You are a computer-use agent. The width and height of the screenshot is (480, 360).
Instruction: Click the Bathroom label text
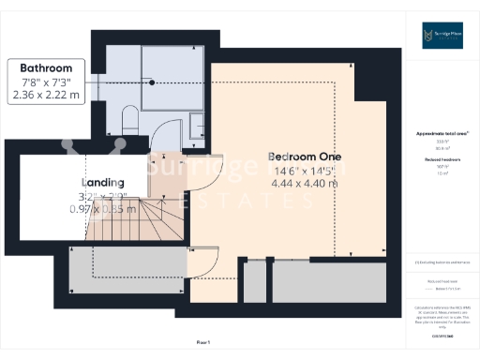point(48,68)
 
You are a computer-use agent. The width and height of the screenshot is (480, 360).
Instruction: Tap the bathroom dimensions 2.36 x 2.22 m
point(48,95)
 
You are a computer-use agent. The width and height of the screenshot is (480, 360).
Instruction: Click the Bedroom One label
point(304,156)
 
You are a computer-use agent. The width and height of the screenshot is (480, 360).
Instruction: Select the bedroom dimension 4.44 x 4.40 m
point(304,183)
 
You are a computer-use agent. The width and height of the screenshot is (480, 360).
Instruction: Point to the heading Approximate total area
point(442,134)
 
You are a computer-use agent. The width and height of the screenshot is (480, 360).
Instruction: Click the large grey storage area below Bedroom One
point(327,279)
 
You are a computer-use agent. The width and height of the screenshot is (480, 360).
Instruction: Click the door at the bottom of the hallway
point(202,262)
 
